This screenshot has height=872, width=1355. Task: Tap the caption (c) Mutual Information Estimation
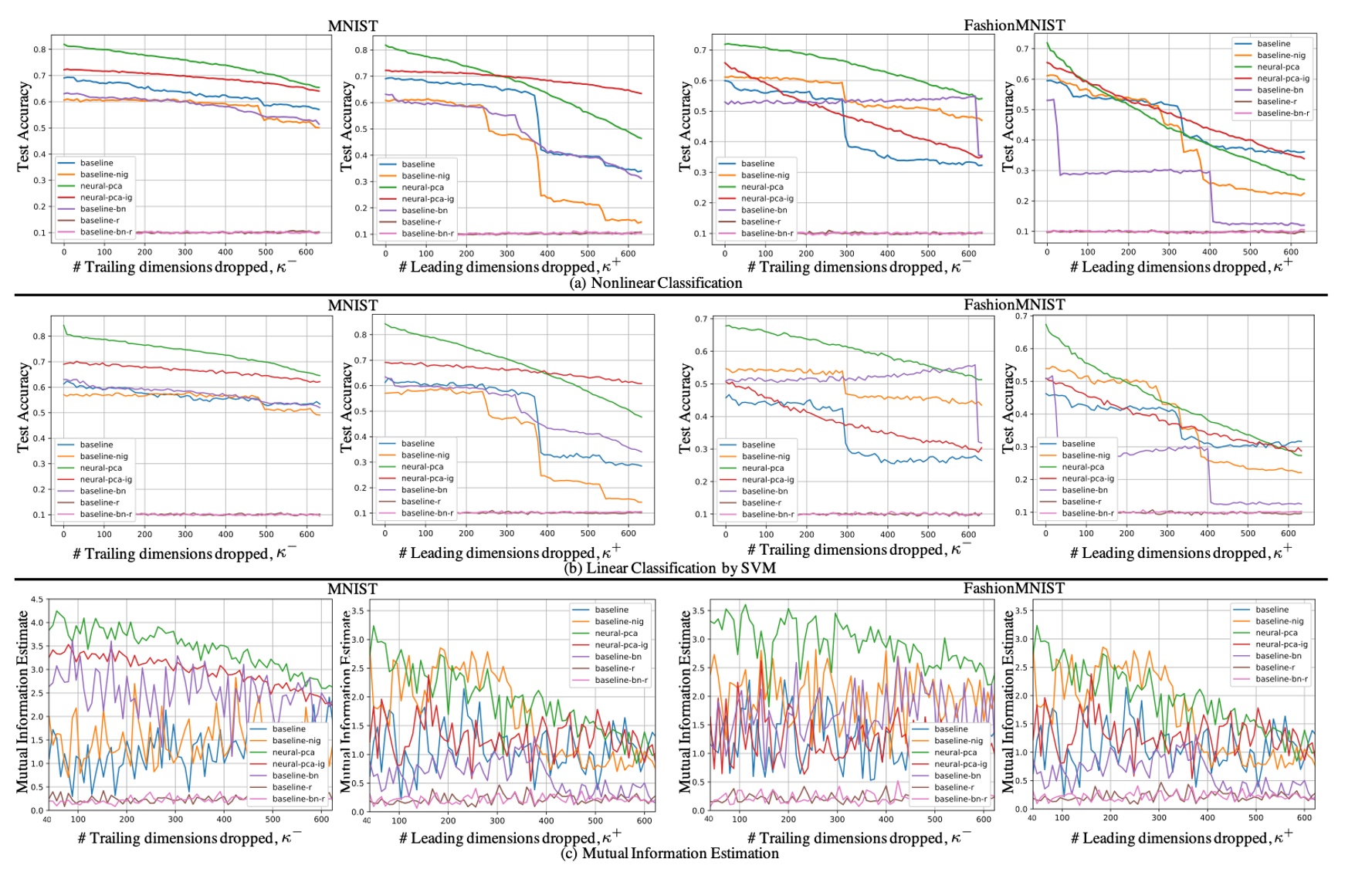pyautogui.click(x=669, y=853)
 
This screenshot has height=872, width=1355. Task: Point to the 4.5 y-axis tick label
pyautogui.click(x=37, y=600)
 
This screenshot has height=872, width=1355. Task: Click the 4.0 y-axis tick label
pyautogui.click(x=37, y=623)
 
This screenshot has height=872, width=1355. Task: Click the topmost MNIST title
pyautogui.click(x=353, y=26)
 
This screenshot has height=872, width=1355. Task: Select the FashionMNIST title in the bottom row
pyautogui.click(x=1014, y=589)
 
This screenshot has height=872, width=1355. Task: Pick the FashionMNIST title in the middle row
pyautogui.click(x=1014, y=305)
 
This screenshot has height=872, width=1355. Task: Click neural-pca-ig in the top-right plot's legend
pyautogui.click(x=1282, y=79)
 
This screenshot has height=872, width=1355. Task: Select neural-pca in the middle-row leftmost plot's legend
pyautogui.click(x=100, y=468)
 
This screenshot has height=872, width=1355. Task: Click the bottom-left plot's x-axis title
pyautogui.click(x=189, y=838)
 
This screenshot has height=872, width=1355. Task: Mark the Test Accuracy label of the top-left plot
pyautogui.click(x=24, y=127)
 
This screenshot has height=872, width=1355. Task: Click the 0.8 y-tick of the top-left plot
pyautogui.click(x=39, y=49)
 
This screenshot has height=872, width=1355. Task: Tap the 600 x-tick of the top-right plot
pyautogui.click(x=1290, y=252)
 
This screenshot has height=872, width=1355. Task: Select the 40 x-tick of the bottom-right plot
pyautogui.click(x=1032, y=818)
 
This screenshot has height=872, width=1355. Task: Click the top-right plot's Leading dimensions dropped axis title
pyautogui.click(x=1181, y=267)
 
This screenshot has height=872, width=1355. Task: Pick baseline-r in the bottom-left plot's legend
pyautogui.click(x=292, y=787)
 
